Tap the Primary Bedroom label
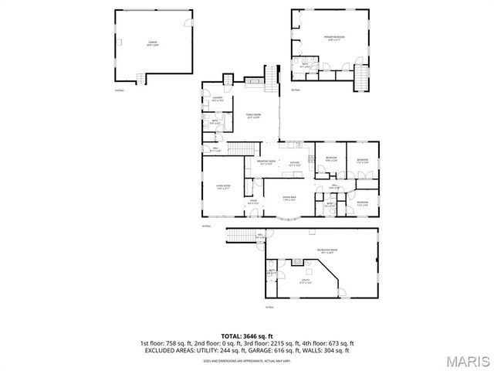click(333, 39)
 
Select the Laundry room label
click(217, 98)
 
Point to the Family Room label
click(252, 115)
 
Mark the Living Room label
click(223, 186)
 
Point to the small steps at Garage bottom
click(141, 77)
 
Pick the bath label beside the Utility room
click(272, 272)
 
